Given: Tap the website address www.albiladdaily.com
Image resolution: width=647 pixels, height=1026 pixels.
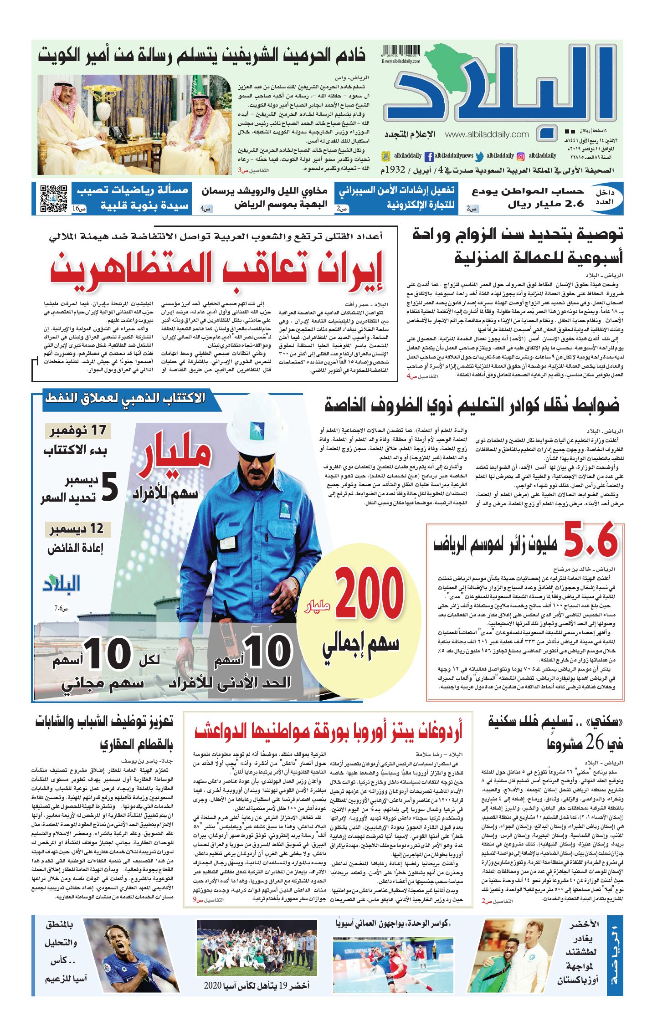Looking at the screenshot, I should [487, 134].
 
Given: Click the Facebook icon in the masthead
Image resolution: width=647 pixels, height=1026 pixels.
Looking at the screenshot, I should [429, 156].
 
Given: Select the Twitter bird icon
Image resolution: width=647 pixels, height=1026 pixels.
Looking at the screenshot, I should [479, 156].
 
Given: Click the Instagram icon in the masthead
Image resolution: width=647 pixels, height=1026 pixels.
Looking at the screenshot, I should [521, 156].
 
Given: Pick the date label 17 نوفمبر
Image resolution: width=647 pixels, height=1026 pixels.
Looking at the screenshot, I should [78, 431].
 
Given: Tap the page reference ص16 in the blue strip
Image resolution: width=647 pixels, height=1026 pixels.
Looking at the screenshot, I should [78, 208].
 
